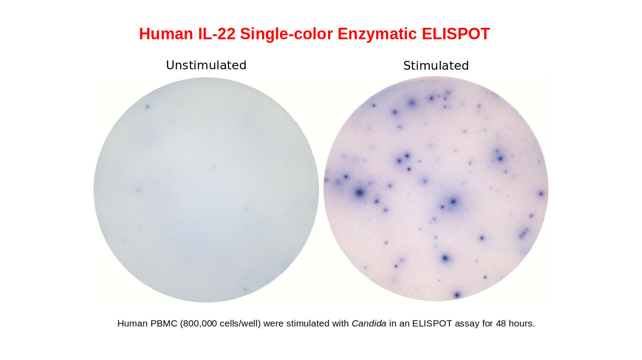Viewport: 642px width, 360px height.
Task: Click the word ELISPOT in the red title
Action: click(456, 34)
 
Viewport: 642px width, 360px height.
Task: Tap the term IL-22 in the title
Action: click(217, 34)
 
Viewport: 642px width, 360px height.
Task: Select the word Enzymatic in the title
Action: click(377, 34)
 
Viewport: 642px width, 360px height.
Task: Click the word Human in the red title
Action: click(166, 34)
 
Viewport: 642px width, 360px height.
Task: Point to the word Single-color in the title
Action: click(286, 34)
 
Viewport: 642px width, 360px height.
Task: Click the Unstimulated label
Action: click(206, 65)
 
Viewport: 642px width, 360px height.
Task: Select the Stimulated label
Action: click(436, 66)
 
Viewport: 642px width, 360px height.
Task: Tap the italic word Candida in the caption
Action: click(369, 323)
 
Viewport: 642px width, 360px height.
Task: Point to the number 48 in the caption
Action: click(501, 323)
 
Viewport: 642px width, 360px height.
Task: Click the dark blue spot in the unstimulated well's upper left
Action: click(147, 107)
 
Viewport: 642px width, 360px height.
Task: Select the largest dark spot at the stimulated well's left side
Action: click(360, 192)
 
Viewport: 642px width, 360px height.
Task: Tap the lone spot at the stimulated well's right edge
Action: click(541, 194)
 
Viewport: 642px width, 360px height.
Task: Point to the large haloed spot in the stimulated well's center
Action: click(453, 202)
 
